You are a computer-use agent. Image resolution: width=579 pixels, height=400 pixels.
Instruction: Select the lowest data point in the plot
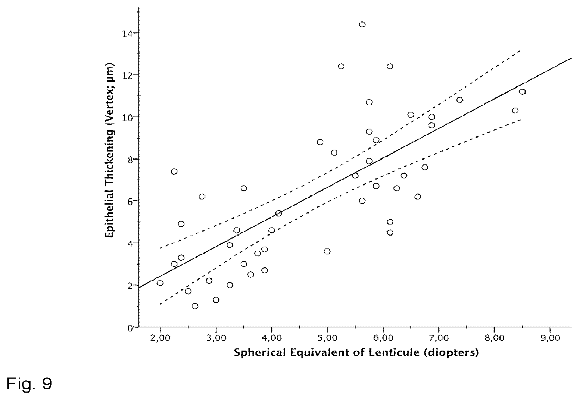point(195,306)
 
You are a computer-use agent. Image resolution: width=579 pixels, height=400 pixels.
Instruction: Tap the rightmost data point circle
point(522,92)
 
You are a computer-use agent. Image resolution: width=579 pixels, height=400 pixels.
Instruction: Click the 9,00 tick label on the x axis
point(550,338)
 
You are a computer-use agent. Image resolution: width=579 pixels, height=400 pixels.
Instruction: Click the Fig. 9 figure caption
point(29,383)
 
